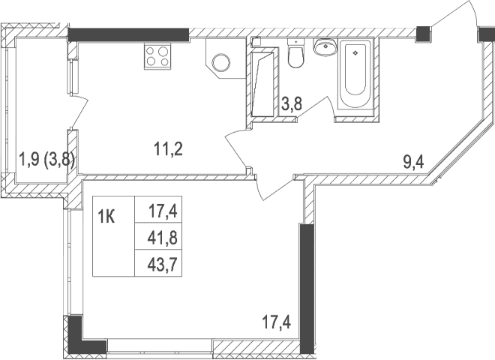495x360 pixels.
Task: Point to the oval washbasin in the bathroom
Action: pos(325,49)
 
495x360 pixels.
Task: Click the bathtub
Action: pos(355,75)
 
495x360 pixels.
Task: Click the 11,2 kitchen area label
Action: pos(169,148)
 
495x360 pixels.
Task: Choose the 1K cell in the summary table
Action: pos(106,217)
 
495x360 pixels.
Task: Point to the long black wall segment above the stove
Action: pos(127,34)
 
